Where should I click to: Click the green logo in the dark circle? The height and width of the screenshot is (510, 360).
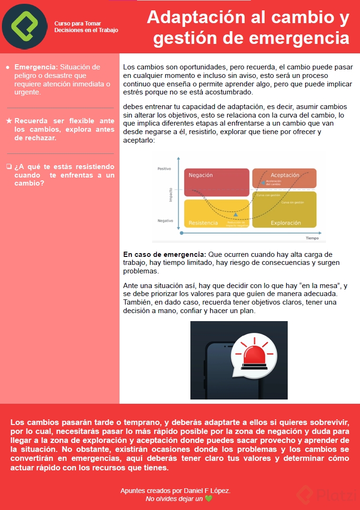[25, 26]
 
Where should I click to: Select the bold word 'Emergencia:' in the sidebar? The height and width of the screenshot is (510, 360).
[36, 67]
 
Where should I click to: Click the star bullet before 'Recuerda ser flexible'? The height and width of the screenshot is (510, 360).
[9, 121]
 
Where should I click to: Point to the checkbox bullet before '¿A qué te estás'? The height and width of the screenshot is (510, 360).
[9, 167]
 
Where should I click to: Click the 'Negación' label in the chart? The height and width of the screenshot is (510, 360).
[201, 175]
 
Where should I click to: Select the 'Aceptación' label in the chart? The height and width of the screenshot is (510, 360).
[285, 175]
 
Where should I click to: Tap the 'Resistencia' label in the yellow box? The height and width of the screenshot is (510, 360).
[203, 223]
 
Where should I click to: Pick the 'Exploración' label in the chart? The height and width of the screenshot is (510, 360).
[286, 223]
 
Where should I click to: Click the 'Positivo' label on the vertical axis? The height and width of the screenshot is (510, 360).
[164, 169]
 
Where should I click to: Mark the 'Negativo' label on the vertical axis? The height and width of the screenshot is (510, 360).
[165, 221]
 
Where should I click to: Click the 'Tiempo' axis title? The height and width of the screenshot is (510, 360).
[312, 238]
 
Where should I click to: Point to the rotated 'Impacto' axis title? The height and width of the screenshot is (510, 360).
[171, 195]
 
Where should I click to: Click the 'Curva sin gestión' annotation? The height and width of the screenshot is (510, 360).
[292, 203]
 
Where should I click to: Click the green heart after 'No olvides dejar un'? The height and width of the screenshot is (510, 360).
[209, 499]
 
